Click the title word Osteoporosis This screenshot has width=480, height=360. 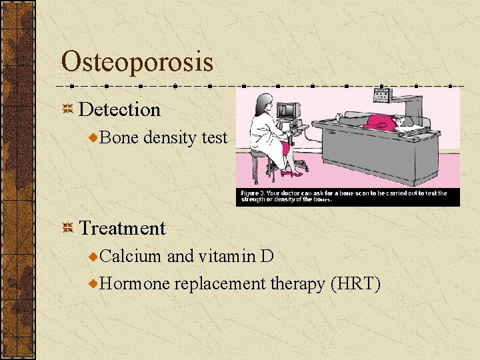(137, 62)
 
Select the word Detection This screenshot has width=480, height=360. (120, 109)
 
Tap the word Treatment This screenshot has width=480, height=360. (123, 228)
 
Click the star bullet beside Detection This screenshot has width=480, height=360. (67, 110)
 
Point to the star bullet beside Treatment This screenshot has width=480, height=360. (67, 229)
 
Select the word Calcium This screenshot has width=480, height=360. (131, 256)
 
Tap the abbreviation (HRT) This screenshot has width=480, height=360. (355, 284)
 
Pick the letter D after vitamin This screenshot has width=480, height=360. (267, 256)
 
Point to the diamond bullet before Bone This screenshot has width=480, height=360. (94, 138)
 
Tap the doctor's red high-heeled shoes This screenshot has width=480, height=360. (291, 173)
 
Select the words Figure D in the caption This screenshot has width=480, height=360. (254, 193)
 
